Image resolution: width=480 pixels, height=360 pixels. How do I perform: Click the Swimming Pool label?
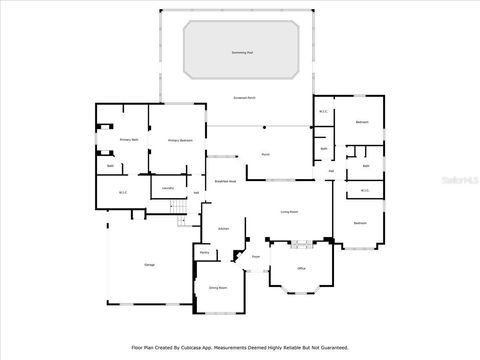point(242,51)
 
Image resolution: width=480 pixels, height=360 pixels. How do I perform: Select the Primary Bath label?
point(128,140)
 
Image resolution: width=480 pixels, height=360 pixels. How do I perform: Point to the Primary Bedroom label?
point(179,141)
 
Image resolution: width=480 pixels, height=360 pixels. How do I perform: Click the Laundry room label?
point(168,187)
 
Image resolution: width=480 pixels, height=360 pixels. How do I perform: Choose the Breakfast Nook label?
point(225,182)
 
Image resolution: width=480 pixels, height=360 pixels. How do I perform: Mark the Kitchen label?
point(223,229)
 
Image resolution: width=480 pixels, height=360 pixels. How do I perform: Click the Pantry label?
point(204,253)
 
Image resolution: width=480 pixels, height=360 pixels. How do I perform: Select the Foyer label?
point(256,258)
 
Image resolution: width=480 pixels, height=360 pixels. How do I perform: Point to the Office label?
point(301,269)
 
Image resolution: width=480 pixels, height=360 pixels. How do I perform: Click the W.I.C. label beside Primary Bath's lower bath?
point(123,192)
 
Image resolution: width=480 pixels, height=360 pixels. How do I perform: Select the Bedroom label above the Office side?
point(360,223)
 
